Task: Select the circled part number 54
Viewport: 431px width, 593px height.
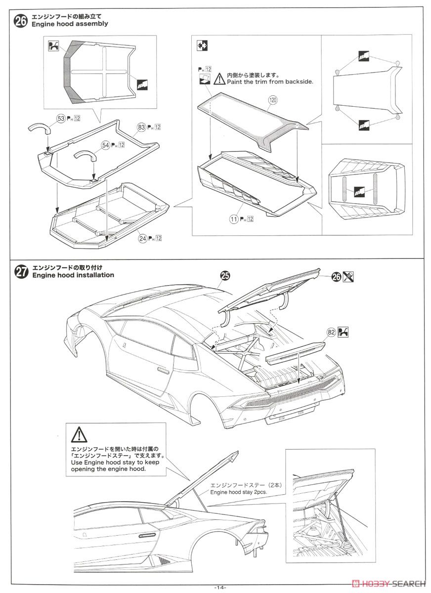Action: tap(105, 145)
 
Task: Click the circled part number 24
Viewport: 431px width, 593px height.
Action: tap(143, 238)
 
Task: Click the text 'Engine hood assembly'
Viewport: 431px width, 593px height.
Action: tap(70, 24)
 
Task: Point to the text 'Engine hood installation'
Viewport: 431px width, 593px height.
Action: tap(73, 275)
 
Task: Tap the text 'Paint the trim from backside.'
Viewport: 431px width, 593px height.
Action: tap(270, 82)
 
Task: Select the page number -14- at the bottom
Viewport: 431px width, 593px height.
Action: tap(220, 587)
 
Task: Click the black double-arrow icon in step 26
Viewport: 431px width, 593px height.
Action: tap(202, 45)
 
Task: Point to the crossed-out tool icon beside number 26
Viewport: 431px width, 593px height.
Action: tap(350, 277)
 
